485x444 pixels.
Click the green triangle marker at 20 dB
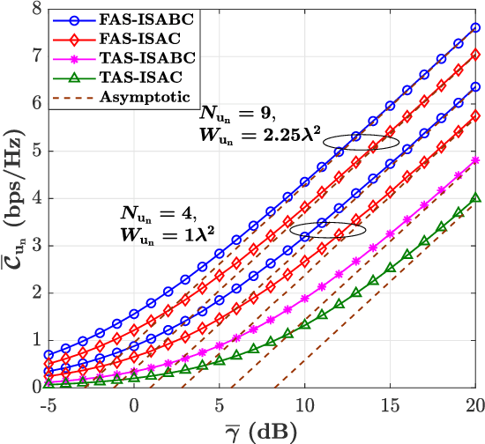click(475, 198)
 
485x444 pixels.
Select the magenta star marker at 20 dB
click(475, 160)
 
